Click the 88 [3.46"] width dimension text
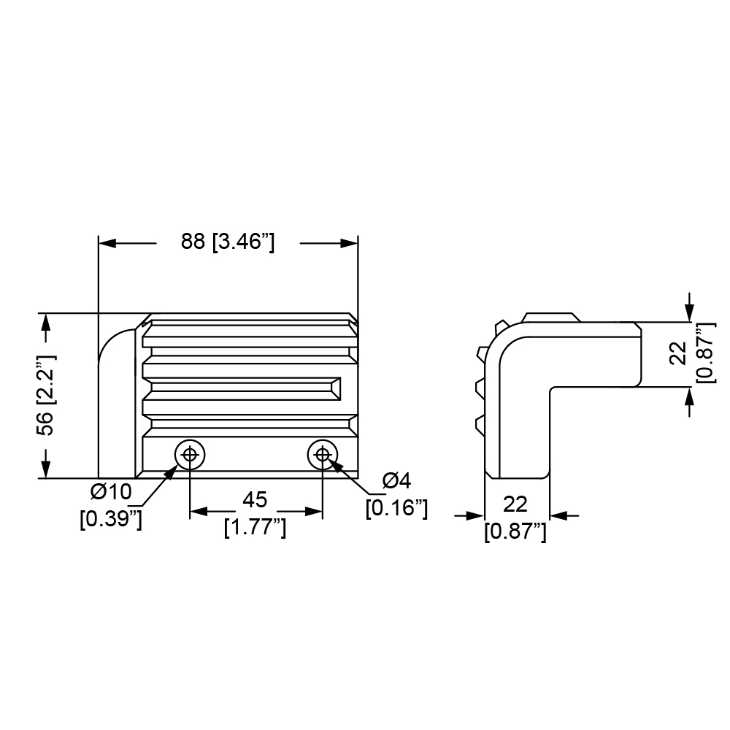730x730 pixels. (x=228, y=242)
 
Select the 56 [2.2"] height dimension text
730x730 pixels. (x=46, y=395)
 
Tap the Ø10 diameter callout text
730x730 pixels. (x=111, y=491)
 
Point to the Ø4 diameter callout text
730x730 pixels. (x=396, y=481)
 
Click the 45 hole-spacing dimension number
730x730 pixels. (x=255, y=500)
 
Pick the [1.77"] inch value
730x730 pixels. (x=255, y=528)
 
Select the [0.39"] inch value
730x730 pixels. (x=111, y=519)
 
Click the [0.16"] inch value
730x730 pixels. (x=396, y=508)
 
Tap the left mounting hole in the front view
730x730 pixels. (x=190, y=454)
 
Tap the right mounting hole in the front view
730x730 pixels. (x=323, y=454)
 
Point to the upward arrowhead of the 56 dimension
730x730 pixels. (x=45, y=322)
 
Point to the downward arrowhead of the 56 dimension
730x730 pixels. (x=45, y=469)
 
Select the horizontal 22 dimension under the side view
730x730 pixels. (x=515, y=504)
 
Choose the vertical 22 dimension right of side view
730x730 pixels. (x=678, y=353)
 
